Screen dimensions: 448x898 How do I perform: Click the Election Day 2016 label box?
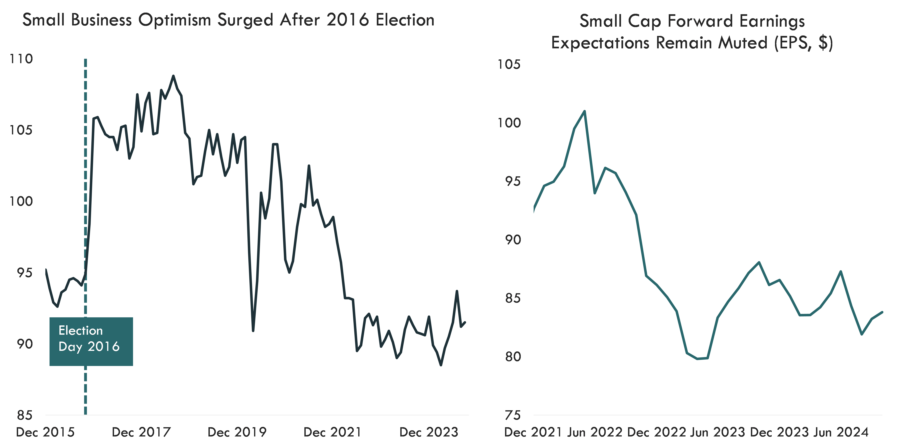91,341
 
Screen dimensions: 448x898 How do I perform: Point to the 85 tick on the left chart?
24,415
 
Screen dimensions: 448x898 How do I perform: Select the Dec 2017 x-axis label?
141,432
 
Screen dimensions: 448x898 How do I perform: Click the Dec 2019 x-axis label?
237,432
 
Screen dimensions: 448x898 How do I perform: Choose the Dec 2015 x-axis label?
45,432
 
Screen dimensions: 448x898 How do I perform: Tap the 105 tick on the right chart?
509,65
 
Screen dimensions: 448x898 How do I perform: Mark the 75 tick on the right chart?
512,415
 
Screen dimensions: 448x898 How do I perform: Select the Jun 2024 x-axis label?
841,432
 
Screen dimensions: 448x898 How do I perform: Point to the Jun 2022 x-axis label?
595,432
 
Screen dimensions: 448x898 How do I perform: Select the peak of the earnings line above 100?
585,111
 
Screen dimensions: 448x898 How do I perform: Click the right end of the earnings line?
882,312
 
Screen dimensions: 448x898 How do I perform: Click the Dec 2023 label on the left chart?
429,432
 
